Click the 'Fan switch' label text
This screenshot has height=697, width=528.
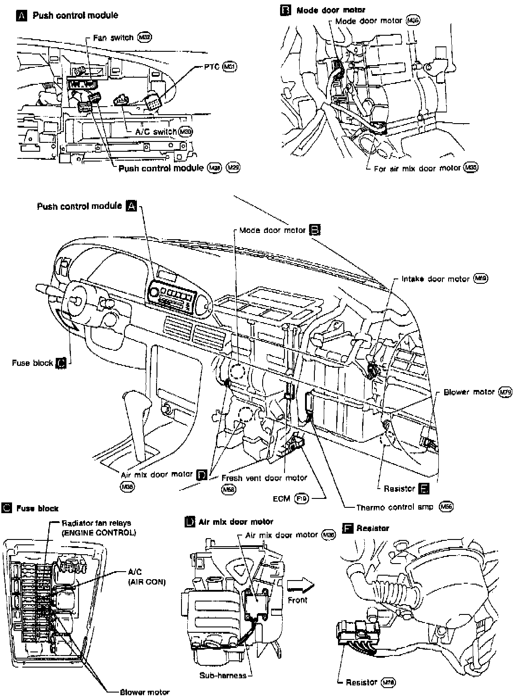(x=113, y=38)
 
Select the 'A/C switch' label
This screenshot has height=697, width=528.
(x=156, y=132)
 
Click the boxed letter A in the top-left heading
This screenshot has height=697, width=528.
(x=21, y=16)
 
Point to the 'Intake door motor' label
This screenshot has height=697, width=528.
(x=435, y=279)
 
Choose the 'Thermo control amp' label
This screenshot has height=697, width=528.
(x=395, y=507)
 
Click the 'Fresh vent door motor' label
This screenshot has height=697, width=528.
(x=264, y=478)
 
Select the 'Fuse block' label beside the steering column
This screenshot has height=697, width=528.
(x=33, y=363)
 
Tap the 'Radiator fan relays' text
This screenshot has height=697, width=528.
(x=96, y=523)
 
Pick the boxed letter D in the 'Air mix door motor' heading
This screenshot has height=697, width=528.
(x=190, y=522)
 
